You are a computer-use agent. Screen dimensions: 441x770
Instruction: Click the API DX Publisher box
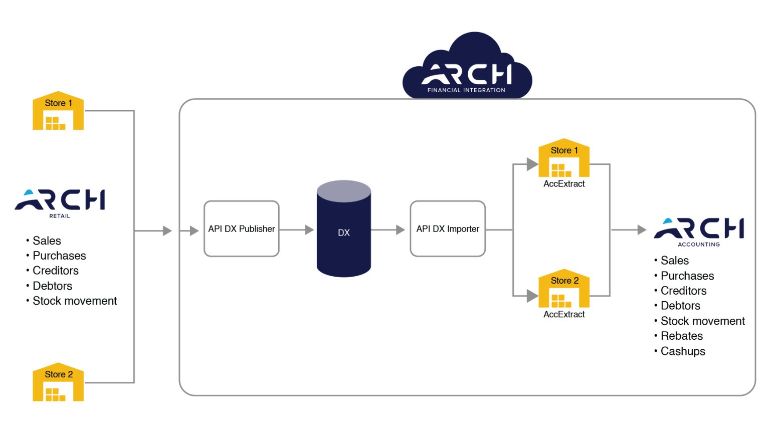pyautogui.click(x=241, y=229)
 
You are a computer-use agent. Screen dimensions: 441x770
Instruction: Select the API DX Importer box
pyautogui.click(x=447, y=229)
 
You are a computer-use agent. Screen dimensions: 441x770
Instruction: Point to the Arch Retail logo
pyautogui.click(x=60, y=201)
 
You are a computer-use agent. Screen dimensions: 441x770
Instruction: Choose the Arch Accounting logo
pyautogui.click(x=698, y=231)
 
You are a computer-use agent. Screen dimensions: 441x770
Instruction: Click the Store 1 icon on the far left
pyautogui.click(x=58, y=111)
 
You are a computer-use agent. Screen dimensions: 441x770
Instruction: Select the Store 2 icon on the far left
pyautogui.click(x=58, y=382)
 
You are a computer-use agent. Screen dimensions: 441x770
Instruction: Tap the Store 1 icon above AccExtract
pyautogui.click(x=564, y=158)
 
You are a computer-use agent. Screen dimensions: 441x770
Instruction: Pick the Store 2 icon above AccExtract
pyautogui.click(x=564, y=289)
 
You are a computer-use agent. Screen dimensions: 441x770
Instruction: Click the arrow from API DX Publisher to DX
pyautogui.click(x=297, y=230)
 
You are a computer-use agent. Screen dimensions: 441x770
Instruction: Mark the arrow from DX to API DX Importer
pyautogui.click(x=388, y=230)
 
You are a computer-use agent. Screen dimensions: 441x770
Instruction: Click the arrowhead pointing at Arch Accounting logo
pyautogui.click(x=642, y=230)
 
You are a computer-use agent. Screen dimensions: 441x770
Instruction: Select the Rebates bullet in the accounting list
pyautogui.click(x=681, y=336)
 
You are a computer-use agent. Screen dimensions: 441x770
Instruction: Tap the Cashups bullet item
pyautogui.click(x=682, y=351)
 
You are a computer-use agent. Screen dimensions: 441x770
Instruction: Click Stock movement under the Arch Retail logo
pyautogui.click(x=74, y=301)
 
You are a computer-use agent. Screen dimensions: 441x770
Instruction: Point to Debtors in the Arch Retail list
pyautogui.click(x=52, y=286)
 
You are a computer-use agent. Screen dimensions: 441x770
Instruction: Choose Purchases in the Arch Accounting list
pyautogui.click(x=687, y=276)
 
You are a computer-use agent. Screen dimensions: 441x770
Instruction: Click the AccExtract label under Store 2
pyautogui.click(x=564, y=314)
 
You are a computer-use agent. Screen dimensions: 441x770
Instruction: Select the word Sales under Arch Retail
pyautogui.click(x=47, y=241)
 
